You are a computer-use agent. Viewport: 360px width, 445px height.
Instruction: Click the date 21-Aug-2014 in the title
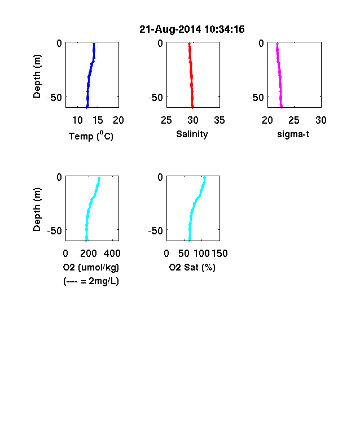coord(170,29)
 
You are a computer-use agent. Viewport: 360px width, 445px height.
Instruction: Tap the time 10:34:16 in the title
coord(224,29)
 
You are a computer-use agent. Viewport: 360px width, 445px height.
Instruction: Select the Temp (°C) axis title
coord(91,136)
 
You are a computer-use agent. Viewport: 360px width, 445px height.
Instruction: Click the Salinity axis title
coord(192,134)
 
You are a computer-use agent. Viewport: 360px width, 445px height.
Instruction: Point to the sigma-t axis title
coord(293,134)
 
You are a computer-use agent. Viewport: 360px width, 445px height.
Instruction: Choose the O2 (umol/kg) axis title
coord(91,267)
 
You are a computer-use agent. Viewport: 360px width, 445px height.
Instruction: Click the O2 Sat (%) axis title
coord(192,267)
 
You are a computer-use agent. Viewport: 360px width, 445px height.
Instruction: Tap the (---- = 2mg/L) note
coord(91,281)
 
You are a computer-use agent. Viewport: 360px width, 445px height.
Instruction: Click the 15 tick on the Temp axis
coord(98,120)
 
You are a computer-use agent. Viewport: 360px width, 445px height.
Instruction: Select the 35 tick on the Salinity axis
coord(219,120)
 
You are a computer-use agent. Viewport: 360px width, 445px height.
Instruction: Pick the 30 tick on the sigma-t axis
coord(321,120)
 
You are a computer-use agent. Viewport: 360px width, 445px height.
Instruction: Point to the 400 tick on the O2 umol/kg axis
coord(112,254)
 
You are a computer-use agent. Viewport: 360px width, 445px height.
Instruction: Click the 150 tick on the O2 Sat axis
coord(219,254)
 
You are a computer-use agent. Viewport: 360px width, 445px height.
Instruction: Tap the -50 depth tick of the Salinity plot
coord(156,97)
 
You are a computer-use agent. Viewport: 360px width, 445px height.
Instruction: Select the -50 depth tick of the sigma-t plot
coord(257,97)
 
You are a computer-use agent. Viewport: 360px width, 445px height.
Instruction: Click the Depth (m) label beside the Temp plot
coord(37,76)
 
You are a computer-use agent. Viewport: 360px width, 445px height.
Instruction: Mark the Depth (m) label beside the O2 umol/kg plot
coord(37,210)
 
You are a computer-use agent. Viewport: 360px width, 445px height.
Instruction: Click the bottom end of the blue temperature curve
coord(87,107)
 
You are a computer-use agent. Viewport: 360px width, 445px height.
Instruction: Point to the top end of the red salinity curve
coord(189,43)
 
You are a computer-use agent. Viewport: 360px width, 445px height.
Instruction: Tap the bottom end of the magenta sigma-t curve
coord(282,107)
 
